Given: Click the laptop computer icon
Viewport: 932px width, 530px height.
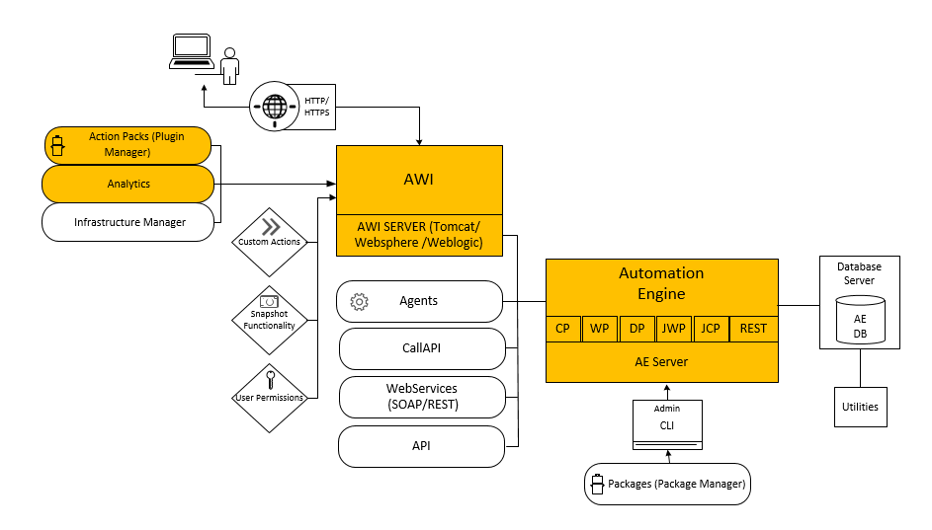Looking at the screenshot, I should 190,51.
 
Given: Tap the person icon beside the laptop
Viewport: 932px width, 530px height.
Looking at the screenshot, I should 229,66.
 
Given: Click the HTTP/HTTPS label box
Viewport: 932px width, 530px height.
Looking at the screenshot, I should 317,107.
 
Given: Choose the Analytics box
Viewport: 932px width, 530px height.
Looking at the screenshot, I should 128,184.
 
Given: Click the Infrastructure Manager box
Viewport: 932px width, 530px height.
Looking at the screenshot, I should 128,222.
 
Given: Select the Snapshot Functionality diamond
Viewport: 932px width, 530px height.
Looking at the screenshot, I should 269,319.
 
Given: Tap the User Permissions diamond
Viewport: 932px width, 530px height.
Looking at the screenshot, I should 269,397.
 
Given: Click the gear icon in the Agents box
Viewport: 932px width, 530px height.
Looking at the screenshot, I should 361,301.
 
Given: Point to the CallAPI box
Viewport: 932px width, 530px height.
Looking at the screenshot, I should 422,348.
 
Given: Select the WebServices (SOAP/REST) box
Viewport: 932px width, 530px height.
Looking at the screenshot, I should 422,397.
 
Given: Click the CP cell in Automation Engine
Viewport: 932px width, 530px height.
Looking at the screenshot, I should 562,329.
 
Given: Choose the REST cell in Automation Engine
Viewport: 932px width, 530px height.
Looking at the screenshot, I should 753,329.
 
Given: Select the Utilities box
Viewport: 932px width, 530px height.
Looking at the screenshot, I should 860,407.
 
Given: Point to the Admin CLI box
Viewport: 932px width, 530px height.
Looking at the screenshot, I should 667,424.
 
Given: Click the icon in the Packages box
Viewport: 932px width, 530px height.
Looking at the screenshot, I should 596,485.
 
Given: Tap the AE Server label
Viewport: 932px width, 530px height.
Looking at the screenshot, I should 661,361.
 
